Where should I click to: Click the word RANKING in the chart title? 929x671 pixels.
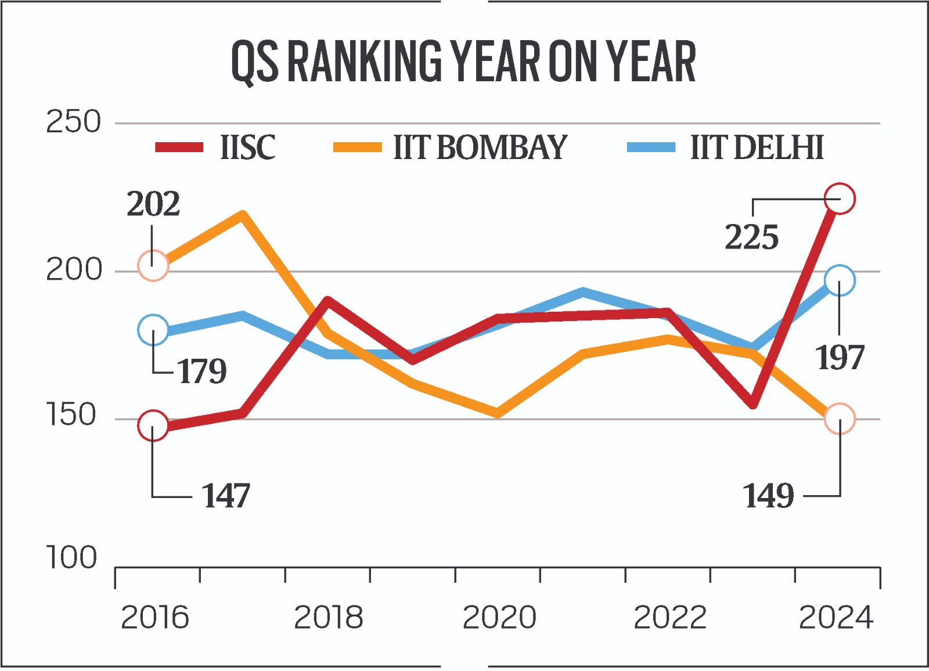(365, 62)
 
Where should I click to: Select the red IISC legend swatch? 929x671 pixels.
(179, 147)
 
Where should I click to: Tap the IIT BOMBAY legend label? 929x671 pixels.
(480, 147)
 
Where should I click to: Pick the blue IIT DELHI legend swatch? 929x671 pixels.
(651, 147)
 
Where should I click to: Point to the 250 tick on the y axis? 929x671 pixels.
(73, 122)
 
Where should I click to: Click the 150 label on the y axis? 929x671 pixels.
(71, 416)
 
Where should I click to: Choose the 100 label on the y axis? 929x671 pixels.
(71, 558)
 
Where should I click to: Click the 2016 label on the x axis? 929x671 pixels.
(154, 618)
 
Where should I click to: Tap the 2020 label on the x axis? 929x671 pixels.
(499, 618)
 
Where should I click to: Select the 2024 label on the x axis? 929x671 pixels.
(836, 618)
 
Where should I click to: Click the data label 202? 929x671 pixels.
(153, 204)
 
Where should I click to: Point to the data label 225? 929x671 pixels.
(751, 238)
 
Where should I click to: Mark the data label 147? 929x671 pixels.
(226, 496)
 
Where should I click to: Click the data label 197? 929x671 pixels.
(840, 358)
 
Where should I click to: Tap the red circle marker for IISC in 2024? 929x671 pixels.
(840, 199)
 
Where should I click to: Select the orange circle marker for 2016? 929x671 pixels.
(153, 266)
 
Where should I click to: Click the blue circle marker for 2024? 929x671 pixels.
(840, 281)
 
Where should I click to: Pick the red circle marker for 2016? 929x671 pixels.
(153, 425)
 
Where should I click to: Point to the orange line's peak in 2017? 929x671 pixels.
(243, 215)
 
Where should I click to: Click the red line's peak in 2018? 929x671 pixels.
(328, 301)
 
